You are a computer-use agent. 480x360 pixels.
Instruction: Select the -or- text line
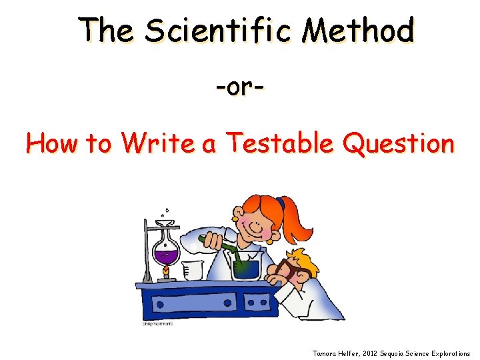click(x=239, y=87)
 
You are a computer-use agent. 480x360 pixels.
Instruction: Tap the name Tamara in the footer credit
click(x=325, y=353)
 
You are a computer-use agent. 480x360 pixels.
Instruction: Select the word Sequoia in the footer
click(x=403, y=353)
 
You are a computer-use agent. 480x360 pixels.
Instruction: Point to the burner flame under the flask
click(x=164, y=271)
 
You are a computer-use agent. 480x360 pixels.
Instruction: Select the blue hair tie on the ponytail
click(x=281, y=203)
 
